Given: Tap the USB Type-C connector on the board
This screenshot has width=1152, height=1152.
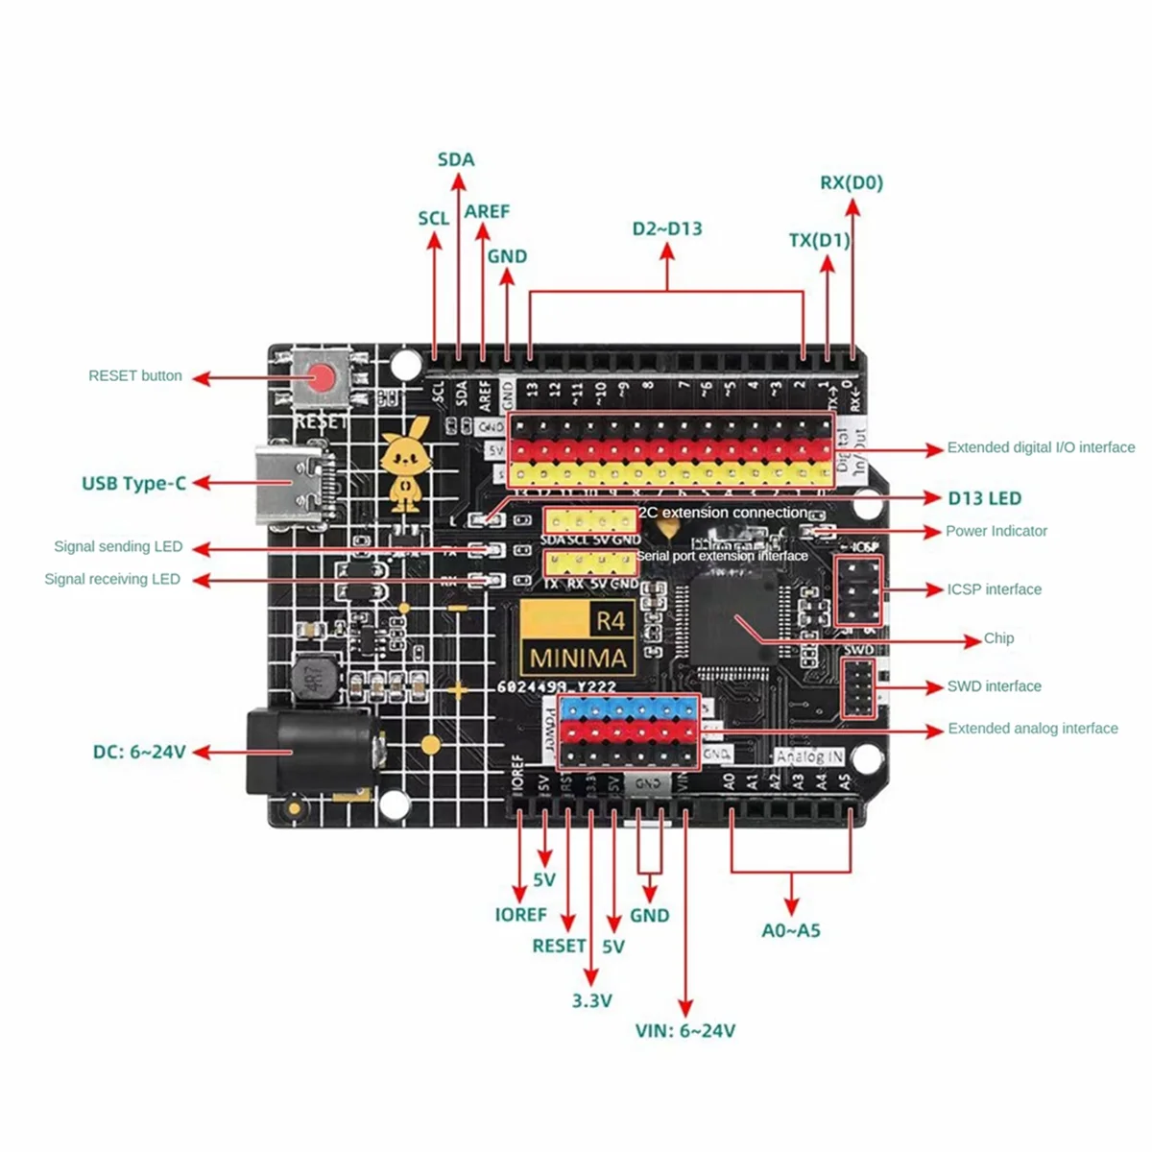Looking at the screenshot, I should [x=294, y=487].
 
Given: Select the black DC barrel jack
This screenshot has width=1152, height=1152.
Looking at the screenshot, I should [x=305, y=752].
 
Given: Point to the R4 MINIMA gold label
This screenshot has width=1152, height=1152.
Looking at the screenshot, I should [x=577, y=638].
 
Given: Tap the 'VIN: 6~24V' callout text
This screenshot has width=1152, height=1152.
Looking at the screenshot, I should [x=684, y=1031].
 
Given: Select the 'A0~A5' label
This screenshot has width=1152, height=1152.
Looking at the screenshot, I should [x=791, y=930].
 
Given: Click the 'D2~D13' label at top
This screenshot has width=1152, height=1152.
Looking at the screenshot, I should [x=667, y=228].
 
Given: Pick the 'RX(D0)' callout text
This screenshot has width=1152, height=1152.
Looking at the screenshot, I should [x=852, y=182].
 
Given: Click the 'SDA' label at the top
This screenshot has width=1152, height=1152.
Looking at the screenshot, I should [x=456, y=159].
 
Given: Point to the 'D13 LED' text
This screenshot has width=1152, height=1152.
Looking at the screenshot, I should [x=985, y=498].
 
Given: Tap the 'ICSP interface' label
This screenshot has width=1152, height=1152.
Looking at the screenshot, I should [x=994, y=589].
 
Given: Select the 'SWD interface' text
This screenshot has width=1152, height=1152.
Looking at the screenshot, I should [x=994, y=686].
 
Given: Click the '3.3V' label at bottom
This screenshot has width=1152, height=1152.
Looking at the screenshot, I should [x=591, y=1000].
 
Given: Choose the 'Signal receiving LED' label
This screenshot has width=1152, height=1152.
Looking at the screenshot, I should [x=112, y=579].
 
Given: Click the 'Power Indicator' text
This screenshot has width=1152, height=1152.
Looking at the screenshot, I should [x=996, y=531].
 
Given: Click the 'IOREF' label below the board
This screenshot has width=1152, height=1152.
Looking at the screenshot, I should [x=520, y=915].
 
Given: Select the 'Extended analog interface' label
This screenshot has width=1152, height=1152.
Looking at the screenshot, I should [x=1032, y=729].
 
